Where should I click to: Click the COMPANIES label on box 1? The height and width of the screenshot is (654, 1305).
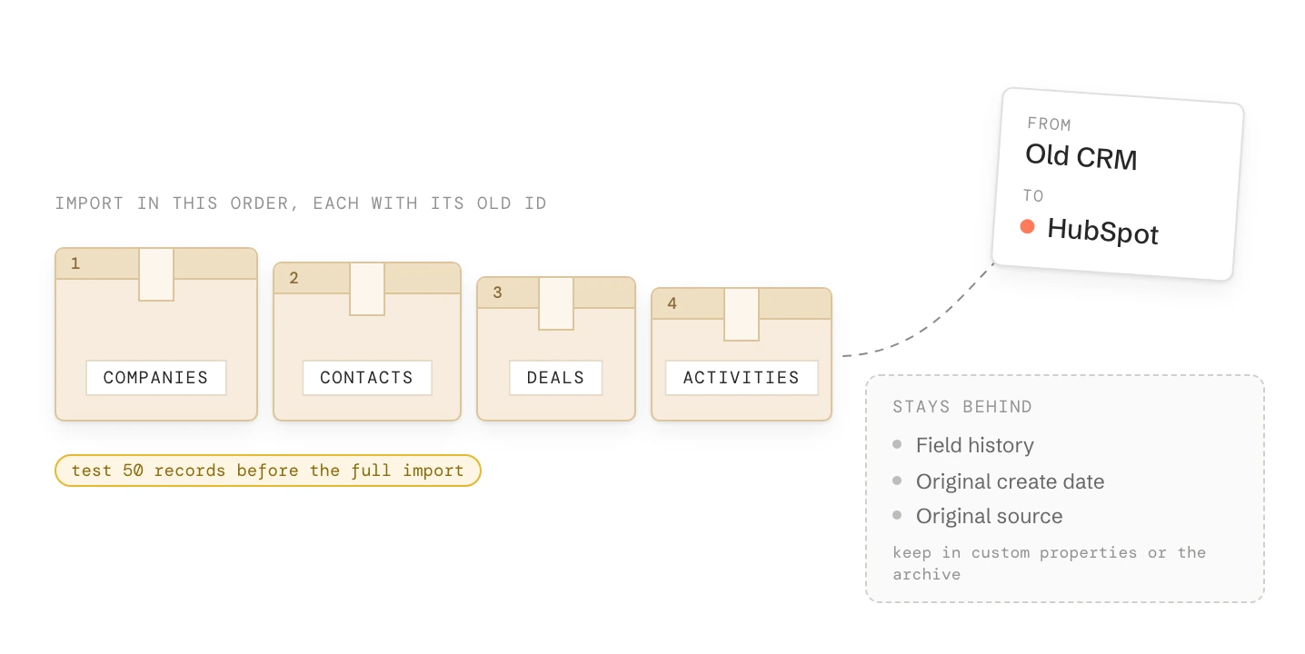(x=155, y=378)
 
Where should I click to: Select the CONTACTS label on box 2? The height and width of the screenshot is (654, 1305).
(x=367, y=378)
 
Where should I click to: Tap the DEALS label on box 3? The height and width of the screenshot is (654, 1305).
(x=556, y=378)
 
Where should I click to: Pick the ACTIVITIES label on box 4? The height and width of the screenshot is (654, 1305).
(x=741, y=378)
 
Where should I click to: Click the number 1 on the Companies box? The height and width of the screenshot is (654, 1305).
(x=75, y=263)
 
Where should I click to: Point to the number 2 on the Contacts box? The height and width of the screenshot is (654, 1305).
(x=294, y=278)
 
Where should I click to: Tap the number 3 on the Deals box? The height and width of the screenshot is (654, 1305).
(x=497, y=292)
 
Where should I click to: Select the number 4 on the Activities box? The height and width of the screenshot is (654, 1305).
(x=672, y=303)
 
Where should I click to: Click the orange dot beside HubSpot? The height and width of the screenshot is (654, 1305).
(x=1028, y=226)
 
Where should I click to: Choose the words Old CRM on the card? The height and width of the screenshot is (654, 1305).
(x=1081, y=156)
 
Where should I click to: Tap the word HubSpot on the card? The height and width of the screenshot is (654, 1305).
(x=1103, y=232)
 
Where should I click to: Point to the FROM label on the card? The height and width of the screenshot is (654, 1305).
(x=1050, y=124)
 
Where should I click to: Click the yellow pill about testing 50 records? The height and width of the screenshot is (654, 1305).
(x=268, y=471)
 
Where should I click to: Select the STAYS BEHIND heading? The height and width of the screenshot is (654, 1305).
(x=962, y=407)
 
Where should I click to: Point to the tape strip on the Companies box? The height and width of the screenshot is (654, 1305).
(x=156, y=274)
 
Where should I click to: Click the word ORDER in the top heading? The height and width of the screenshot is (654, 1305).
(x=264, y=203)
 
